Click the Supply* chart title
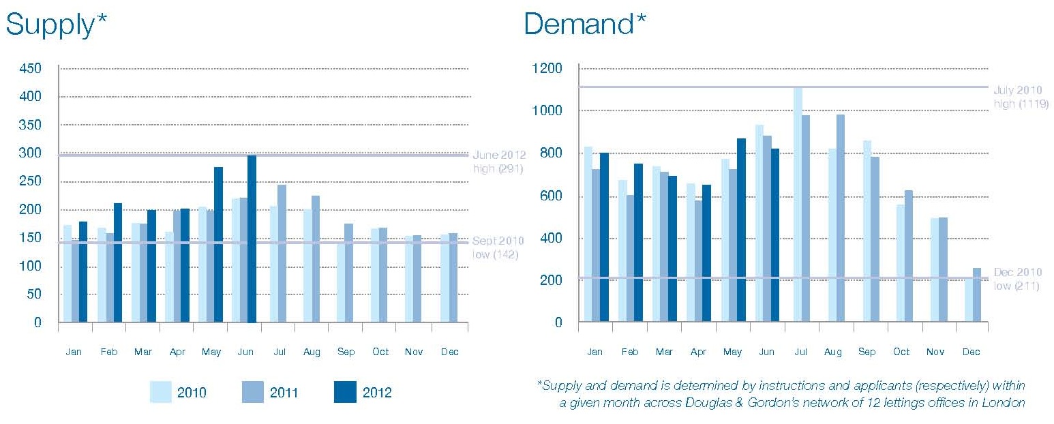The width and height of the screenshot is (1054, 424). tap(57, 25)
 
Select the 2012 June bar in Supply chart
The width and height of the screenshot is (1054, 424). tap(252, 239)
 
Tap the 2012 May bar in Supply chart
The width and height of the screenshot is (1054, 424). tap(218, 245)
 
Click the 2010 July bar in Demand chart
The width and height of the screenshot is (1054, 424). tap(798, 205)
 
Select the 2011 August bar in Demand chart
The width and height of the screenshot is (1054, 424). tap(840, 218)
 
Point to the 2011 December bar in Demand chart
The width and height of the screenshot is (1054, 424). tap(976, 294)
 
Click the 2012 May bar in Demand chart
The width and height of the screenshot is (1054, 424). tap(740, 230)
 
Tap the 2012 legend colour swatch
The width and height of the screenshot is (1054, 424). tap(345, 393)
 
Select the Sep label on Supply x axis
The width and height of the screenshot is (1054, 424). tap(346, 352)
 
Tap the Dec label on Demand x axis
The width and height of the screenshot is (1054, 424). tap(971, 352)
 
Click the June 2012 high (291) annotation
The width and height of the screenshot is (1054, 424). tap(498, 162)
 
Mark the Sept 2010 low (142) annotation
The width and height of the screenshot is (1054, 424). tap(498, 247)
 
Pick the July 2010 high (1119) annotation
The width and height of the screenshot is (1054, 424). tap(1021, 97)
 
